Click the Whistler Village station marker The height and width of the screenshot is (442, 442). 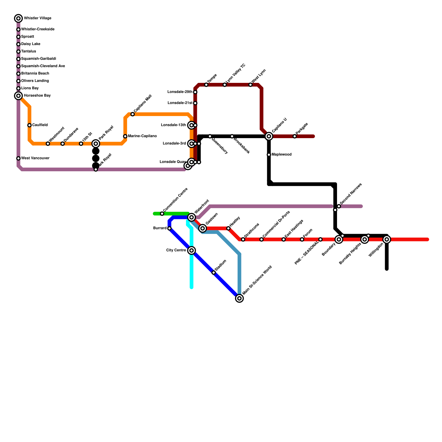click(19, 19)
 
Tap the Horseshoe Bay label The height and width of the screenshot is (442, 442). click(37, 96)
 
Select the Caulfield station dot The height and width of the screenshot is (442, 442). click(30, 125)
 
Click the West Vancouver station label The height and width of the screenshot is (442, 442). click(35, 158)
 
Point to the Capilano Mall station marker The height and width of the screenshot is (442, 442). click(133, 114)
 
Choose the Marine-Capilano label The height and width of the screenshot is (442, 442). click(142, 136)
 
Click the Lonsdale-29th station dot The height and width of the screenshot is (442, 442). click(195, 92)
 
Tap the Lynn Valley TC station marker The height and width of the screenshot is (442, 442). click(225, 85)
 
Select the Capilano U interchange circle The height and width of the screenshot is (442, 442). click(269, 136)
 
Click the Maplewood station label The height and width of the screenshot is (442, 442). click(281, 155)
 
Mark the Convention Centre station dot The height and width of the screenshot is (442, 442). click(162, 214)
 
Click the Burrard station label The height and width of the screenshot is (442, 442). click(160, 228)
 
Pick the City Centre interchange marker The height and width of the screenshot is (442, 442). click(192, 251)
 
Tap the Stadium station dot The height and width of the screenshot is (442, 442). click(214, 273)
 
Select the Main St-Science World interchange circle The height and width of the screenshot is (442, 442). click(240, 298)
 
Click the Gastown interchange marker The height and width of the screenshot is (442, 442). click(203, 228)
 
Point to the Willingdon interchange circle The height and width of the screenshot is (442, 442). click(387, 240)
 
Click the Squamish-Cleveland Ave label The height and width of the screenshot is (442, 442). click(43, 66)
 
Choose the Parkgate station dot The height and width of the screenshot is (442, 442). click(295, 136)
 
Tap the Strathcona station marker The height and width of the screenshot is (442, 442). click(243, 240)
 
